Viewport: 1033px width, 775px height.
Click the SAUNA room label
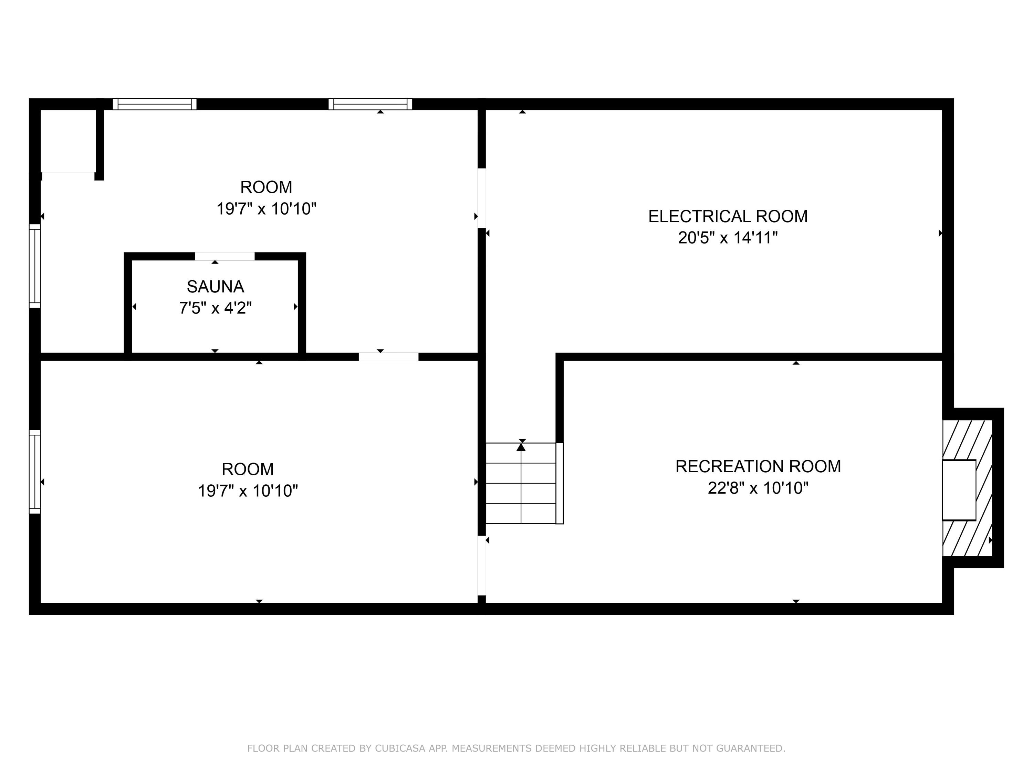tap(215, 286)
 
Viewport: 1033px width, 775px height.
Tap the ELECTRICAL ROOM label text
tap(728, 216)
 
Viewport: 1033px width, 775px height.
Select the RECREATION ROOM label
tap(758, 466)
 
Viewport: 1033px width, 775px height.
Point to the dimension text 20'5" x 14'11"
tap(728, 238)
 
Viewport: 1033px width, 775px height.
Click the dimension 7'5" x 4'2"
tap(215, 308)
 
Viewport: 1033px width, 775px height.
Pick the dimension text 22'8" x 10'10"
tap(758, 488)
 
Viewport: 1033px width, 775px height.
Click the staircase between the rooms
tap(521, 483)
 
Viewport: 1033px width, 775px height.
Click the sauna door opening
tap(225, 257)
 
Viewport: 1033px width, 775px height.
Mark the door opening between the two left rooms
tap(388, 357)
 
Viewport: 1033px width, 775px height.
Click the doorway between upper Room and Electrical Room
tap(481, 198)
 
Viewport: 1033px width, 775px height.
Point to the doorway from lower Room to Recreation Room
tap(481, 566)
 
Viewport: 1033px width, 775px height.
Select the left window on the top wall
tap(155, 104)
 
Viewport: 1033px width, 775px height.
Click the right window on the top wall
tap(370, 104)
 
